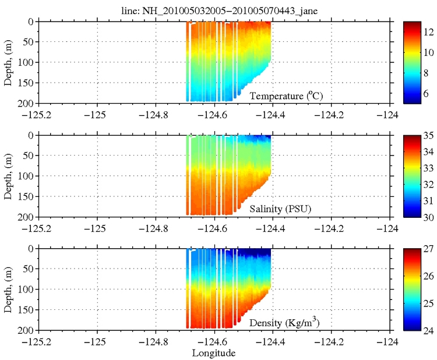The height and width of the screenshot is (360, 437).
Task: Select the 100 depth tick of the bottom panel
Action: [x=29, y=290]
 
